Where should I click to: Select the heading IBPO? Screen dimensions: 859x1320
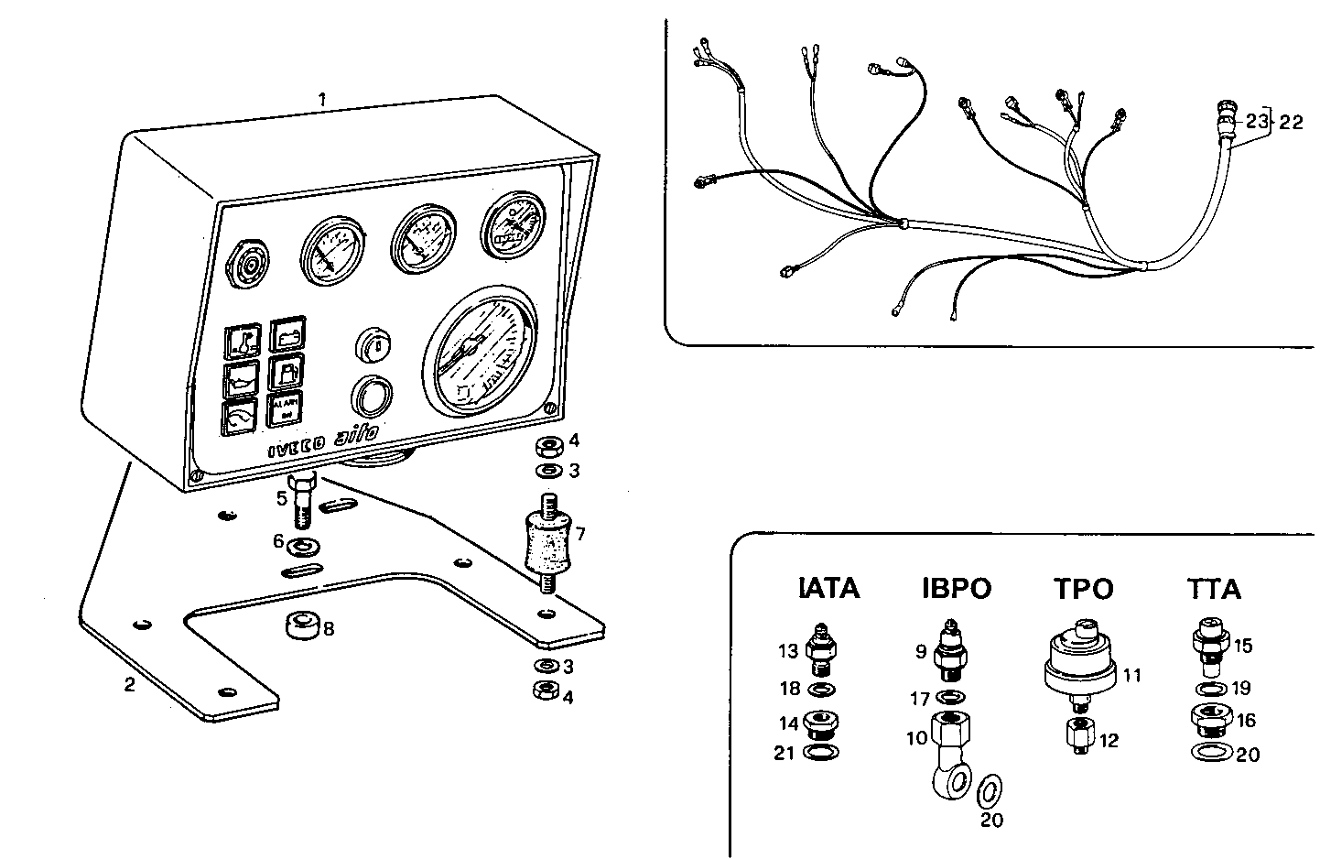956,588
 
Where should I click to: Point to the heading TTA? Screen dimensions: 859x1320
1213,588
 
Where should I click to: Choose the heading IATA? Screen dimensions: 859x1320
829,588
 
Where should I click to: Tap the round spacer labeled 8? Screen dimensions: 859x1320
302,627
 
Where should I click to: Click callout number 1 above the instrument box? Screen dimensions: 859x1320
321,98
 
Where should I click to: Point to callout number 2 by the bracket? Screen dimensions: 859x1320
130,684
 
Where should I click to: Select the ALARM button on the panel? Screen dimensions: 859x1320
286,409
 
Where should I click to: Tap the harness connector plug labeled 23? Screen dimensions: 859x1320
1224,119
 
